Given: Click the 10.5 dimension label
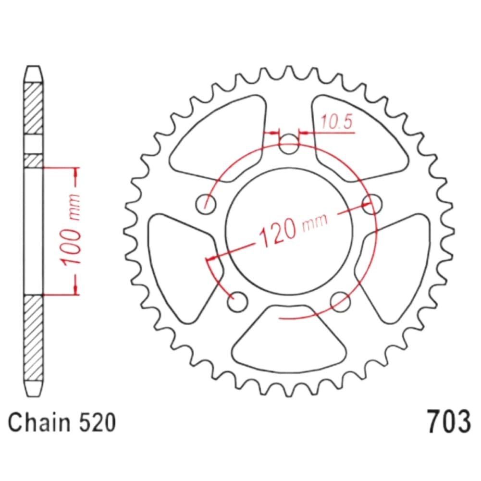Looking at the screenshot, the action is coord(336,122).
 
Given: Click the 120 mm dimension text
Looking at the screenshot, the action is coord(293,229).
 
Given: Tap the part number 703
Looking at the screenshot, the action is coord(448,421).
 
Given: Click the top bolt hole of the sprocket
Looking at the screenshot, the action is coord(288,144).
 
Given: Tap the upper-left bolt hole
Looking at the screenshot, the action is coord(206,204).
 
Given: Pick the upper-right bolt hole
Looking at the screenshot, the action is coord(372,204).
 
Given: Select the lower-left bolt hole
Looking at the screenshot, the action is coord(237,302).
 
